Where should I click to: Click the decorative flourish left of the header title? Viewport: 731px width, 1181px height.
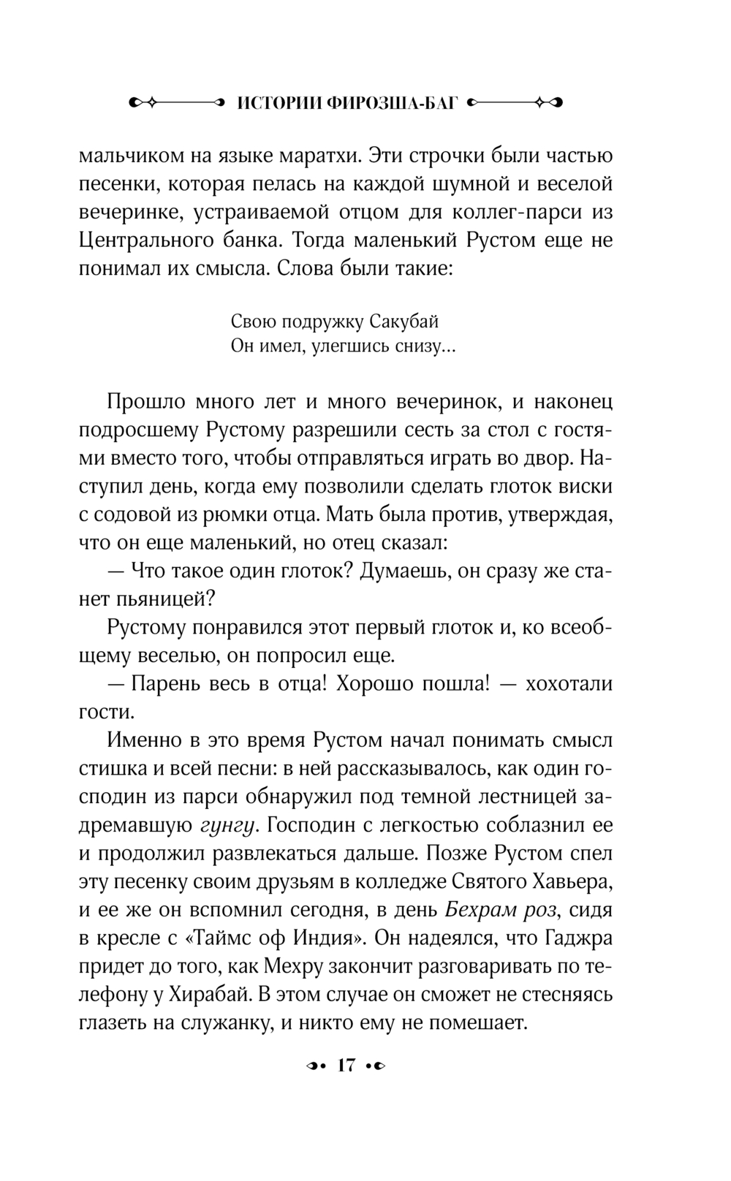point(176,103)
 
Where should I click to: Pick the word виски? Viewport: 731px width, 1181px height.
point(586,486)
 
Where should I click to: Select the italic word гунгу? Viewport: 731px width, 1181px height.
point(228,825)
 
